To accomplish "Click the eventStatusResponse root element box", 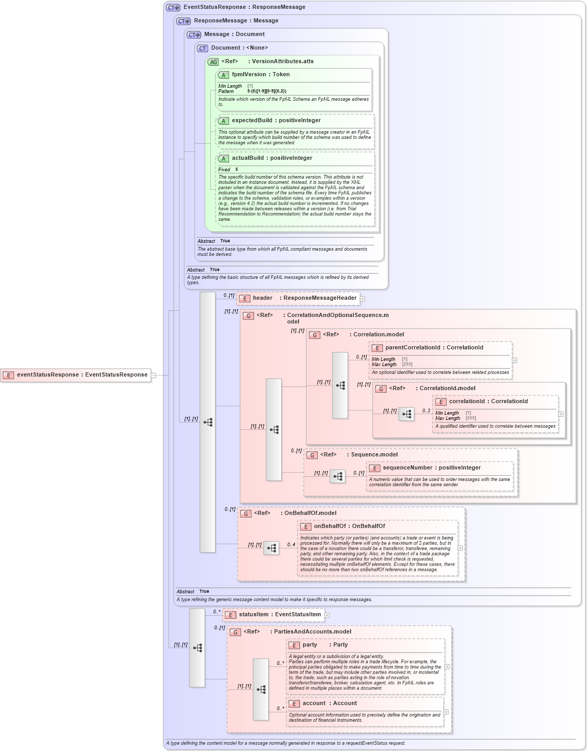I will click(76, 375).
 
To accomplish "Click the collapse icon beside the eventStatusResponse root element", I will click(153, 375).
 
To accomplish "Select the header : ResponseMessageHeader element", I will click(298, 298).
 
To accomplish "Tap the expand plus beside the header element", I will click(363, 299).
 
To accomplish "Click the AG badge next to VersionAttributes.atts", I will click(213, 62).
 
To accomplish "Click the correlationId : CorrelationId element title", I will click(488, 402).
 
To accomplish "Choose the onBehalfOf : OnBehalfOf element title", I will click(349, 526).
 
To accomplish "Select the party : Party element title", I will click(325, 645).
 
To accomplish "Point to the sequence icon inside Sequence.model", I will click(338, 476).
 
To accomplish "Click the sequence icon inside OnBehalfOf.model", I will click(271, 548).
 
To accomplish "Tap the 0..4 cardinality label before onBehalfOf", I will click(291, 545).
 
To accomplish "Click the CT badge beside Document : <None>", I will click(202, 48).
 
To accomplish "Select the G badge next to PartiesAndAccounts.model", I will click(235, 632).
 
